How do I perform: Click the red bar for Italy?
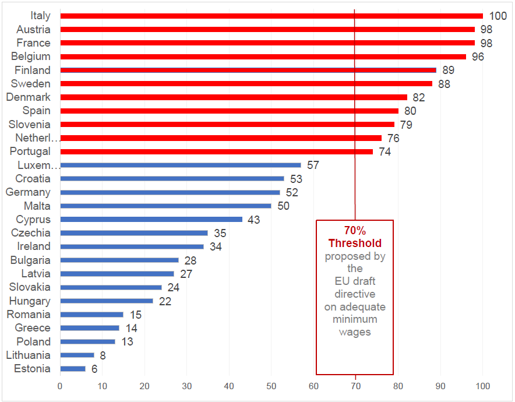pos(271,16)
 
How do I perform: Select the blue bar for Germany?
pos(170,192)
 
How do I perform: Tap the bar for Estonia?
pos(73,369)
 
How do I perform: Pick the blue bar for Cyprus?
pos(151,220)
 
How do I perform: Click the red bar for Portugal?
pos(216,151)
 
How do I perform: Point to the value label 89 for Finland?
pos(448,70)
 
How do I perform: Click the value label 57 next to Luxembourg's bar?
pos(313,165)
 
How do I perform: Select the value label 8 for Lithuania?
pos(102,355)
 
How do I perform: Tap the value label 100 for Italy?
pos(498,16)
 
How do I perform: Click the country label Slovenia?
pos(30,125)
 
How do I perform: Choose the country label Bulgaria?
pos(30,260)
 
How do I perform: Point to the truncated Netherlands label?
pos(38,138)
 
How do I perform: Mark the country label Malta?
pos(37,206)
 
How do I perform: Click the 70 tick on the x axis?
pos(355,386)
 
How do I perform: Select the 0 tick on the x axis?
pos(60,386)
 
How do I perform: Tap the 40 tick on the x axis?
pos(229,386)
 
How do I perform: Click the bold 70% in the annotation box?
pos(355,231)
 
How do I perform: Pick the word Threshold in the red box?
pos(355,243)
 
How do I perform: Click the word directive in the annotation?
pos(355,294)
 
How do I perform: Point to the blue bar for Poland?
pos(87,342)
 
